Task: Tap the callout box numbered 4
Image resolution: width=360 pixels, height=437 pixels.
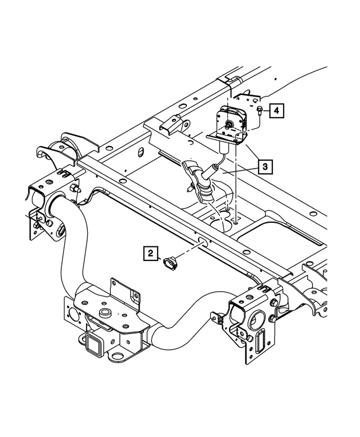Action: (x=276, y=111)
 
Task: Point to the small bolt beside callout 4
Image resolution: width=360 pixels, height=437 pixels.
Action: (x=260, y=111)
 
